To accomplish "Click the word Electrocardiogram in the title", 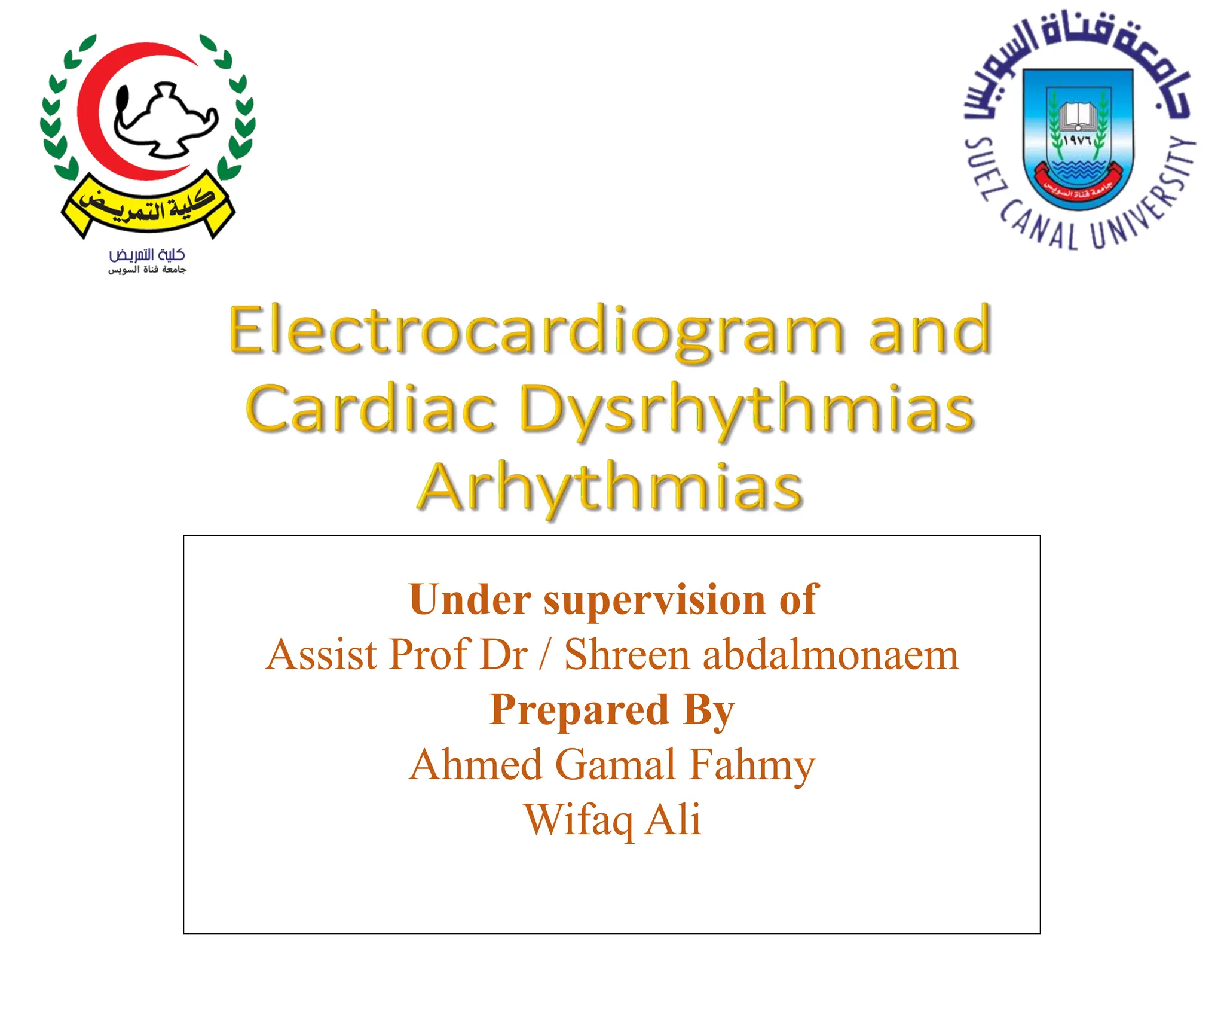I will point(535,331).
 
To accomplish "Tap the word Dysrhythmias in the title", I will point(746,410).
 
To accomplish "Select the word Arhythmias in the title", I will point(610,487).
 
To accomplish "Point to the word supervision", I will point(654,600).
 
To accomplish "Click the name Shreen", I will point(627,654).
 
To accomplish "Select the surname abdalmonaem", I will point(830,654).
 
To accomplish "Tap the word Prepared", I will point(579,710).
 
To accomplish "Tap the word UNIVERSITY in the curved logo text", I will point(1148,197).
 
